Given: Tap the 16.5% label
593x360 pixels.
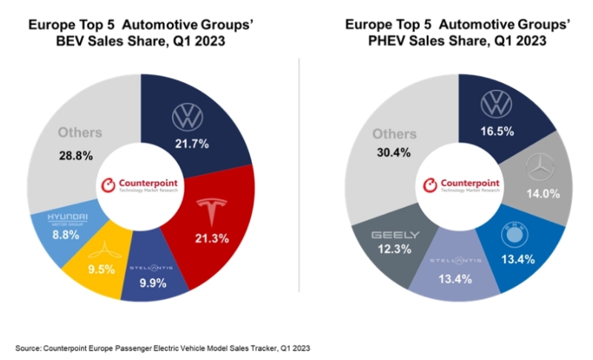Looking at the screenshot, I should point(497,132).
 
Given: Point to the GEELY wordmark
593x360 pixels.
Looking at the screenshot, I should point(397,235).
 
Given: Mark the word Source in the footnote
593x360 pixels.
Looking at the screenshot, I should point(27,347).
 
